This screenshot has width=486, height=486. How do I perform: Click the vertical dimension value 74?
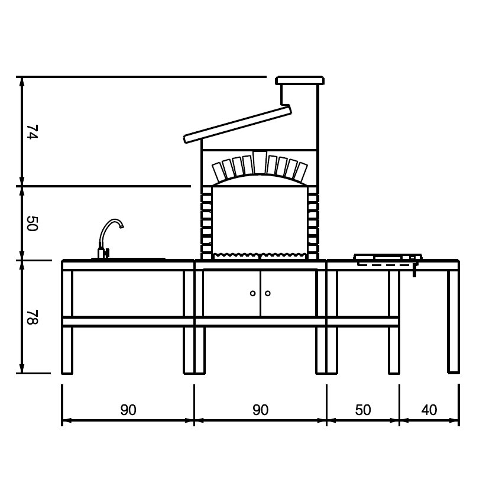tap(33, 132)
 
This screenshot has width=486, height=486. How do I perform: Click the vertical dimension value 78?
tap(33, 317)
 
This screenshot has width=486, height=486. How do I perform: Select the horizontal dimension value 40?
tap(429, 410)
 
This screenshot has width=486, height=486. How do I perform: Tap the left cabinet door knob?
tap(252, 293)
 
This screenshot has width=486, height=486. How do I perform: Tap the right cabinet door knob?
tap(268, 293)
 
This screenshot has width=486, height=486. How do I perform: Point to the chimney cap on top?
tap(300, 80)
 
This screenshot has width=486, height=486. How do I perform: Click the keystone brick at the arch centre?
tap(260, 162)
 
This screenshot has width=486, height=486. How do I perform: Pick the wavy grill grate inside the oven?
tap(260, 255)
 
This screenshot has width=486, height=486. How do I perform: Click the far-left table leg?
tap(67, 349)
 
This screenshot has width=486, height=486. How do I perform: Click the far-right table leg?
tap(453, 349)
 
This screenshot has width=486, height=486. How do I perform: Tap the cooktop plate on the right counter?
tap(387, 257)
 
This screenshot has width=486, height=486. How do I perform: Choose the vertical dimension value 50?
tap(33, 223)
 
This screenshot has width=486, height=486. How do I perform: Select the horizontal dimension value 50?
tap(363, 410)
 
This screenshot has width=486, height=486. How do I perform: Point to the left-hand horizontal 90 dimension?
tap(128, 410)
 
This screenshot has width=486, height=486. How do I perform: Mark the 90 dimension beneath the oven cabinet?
tap(260, 410)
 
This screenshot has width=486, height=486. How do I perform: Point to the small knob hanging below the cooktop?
tap(415, 271)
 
